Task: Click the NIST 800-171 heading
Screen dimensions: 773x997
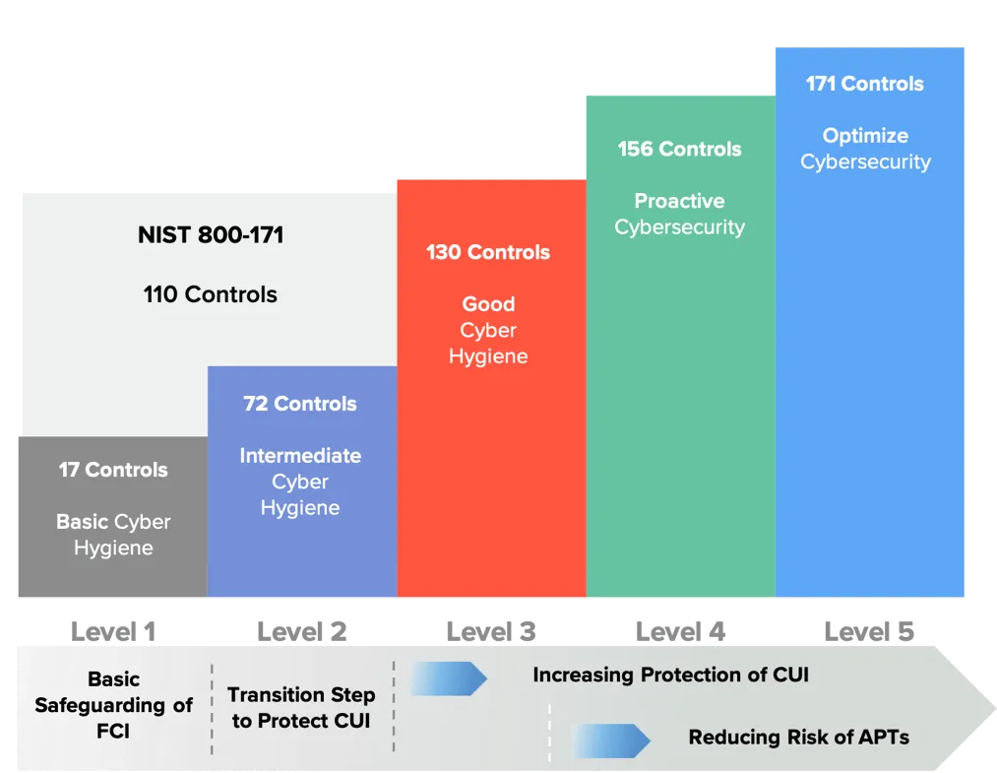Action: (x=211, y=235)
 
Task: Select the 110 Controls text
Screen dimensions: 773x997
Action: (x=211, y=294)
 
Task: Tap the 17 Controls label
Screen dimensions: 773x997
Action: (x=113, y=470)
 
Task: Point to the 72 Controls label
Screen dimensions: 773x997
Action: (x=300, y=404)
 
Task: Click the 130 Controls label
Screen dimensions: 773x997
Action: (x=488, y=252)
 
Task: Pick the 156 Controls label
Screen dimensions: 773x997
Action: (x=679, y=149)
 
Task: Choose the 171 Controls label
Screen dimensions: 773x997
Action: (x=865, y=84)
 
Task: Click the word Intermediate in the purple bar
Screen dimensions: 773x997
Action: (x=300, y=456)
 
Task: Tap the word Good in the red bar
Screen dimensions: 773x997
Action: (x=488, y=304)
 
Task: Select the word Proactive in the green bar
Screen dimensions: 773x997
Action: (x=679, y=201)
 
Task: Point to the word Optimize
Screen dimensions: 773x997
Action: (x=865, y=136)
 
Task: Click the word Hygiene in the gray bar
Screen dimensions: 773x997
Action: (x=113, y=548)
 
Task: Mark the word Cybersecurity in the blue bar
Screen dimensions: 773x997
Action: (x=865, y=161)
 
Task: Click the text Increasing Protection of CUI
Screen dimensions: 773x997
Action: (x=670, y=676)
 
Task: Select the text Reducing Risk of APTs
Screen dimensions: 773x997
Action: (x=798, y=738)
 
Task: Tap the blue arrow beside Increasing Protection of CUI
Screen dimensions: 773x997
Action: (x=448, y=677)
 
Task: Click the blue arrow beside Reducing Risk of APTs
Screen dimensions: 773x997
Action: (x=610, y=740)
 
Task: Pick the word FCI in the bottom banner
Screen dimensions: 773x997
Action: (x=113, y=732)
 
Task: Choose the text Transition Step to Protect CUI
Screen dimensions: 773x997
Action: (x=301, y=707)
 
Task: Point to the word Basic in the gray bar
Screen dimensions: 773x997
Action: (x=83, y=522)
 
